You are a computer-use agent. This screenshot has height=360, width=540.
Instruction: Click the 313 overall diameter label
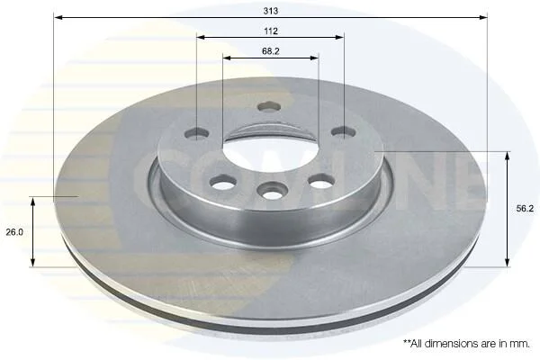[271, 11]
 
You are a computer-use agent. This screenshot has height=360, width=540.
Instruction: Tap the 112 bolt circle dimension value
[271, 31]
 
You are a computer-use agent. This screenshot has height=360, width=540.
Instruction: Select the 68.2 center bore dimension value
[271, 51]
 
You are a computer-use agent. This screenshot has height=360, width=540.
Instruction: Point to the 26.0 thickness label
[14, 232]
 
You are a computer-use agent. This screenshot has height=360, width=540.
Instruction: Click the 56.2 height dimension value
[525, 209]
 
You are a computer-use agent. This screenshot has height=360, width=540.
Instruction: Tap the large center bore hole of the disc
[271, 154]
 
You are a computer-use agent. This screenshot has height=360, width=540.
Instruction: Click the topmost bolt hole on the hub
[269, 106]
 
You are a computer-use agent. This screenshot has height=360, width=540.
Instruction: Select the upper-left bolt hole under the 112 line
[196, 133]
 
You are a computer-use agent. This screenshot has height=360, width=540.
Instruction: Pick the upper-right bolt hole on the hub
[344, 132]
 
